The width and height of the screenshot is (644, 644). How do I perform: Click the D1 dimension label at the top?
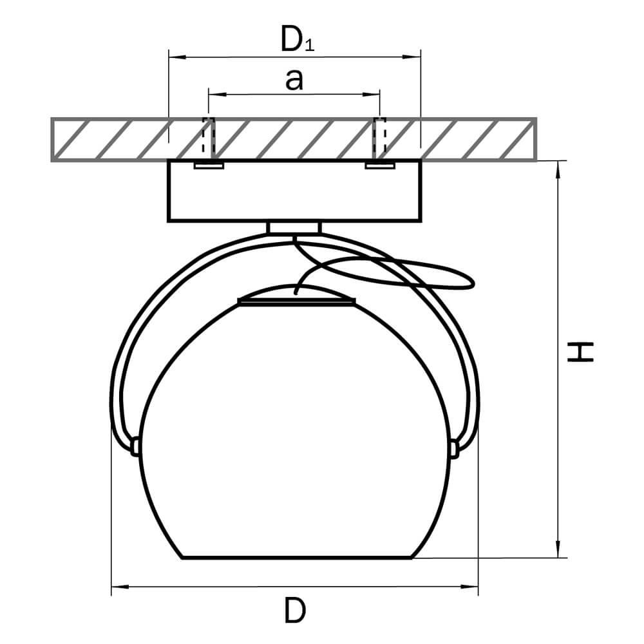(298, 39)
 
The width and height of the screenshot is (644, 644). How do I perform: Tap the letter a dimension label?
(294, 79)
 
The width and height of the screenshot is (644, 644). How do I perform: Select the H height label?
(580, 352)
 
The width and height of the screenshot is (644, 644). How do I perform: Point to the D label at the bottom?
(295, 611)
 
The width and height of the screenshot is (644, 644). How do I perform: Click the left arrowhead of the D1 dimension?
(177, 56)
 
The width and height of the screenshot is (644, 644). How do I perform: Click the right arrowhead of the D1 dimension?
(412, 56)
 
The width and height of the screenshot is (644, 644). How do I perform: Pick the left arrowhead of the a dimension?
(217, 95)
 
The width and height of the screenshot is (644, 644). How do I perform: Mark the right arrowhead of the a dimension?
(371, 95)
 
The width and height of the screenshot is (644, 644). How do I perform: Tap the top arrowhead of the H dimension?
(558, 169)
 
